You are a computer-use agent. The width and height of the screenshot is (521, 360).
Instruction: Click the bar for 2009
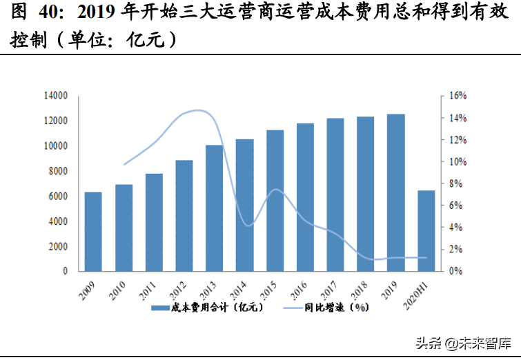[x=93, y=232]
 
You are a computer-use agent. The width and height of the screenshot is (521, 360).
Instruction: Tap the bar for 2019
[x=395, y=192]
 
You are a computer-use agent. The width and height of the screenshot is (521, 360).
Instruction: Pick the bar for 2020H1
[x=426, y=230]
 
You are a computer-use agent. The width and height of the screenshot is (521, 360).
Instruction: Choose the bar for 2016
[x=305, y=197]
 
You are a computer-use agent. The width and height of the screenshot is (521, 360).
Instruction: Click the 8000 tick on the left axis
[x=57, y=171]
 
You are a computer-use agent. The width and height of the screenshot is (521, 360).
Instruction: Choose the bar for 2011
[x=154, y=222]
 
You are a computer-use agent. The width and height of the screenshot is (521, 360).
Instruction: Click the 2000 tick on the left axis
[x=57, y=246]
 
